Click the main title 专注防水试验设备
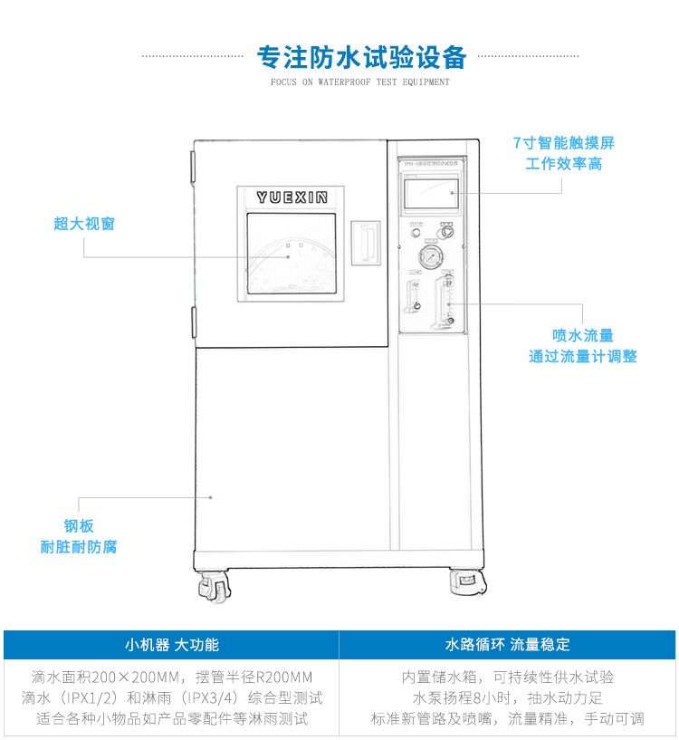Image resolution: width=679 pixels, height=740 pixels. tap(361, 57)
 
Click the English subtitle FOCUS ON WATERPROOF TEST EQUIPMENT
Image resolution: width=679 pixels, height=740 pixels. tap(360, 82)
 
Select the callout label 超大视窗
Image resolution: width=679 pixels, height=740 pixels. tap(84, 224)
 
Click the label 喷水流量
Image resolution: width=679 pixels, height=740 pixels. tap(583, 335)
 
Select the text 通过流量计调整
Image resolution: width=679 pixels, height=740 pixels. tap(583, 356)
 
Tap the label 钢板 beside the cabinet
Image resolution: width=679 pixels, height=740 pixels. tap(79, 525)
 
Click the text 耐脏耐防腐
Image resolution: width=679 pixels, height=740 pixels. tap(79, 546)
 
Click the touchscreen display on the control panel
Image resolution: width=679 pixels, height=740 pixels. tap(430, 194)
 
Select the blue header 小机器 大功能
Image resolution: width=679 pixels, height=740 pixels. tap(172, 645)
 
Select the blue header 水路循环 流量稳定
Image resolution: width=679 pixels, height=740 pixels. tap(508, 645)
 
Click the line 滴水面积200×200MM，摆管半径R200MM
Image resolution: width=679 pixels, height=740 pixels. tap(172, 677)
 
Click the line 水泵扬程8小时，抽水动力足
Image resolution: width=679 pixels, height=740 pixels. tap(508, 697)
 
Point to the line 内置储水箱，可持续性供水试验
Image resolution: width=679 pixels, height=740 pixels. tap(508, 677)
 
